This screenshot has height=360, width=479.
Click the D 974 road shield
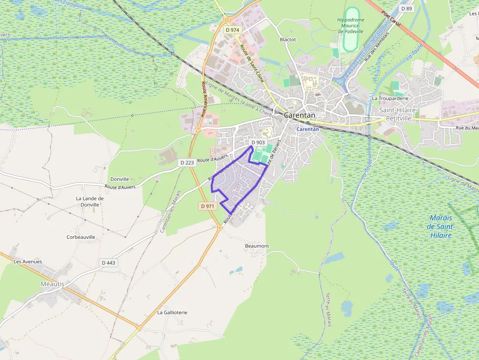(232, 30)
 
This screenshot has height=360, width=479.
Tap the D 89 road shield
(406, 8)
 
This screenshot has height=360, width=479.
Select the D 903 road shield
(258, 143)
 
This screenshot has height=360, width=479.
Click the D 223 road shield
(187, 163)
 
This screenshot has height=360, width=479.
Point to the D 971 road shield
(207, 206)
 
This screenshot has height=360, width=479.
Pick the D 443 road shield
(109, 263)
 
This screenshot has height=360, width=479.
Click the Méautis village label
(52, 284)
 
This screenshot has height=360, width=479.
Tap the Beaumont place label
(257, 246)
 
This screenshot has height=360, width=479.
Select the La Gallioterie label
(172, 312)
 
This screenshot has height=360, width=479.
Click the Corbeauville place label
(81, 237)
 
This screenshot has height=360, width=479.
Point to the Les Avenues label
(28, 262)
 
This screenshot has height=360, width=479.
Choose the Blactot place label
(288, 40)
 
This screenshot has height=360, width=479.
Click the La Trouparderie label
(390, 98)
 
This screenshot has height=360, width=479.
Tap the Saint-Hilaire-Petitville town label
(399, 113)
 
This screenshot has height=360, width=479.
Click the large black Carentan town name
(300, 115)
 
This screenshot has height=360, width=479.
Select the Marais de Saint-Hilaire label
(440, 227)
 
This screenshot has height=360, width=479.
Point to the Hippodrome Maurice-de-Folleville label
(350, 25)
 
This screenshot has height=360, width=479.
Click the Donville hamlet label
(120, 179)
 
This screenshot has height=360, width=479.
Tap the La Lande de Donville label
(90, 201)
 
